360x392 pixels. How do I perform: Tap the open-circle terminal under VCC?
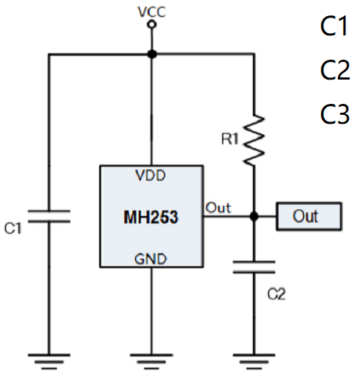[x=151, y=25]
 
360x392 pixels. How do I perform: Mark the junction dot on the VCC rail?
[x=151, y=54]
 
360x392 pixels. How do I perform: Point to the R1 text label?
[x=232, y=137]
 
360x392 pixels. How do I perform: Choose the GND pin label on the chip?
[x=151, y=259]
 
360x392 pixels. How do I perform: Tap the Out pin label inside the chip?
[x=218, y=209]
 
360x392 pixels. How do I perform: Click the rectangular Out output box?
[x=309, y=217]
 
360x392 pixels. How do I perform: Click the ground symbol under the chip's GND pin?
[x=151, y=362]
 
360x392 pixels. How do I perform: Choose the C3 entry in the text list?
[x=334, y=114]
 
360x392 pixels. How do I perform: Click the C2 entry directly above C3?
[x=334, y=71]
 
